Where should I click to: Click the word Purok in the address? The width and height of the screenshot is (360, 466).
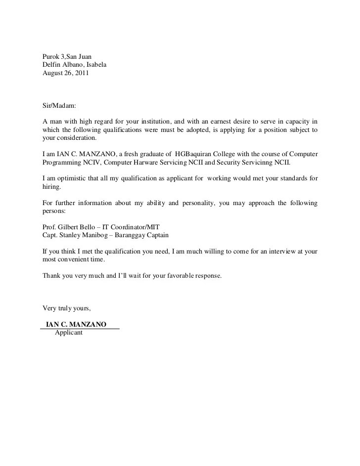click(51, 56)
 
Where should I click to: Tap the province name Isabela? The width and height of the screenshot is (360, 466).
click(95, 65)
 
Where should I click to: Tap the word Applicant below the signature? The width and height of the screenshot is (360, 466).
click(69, 333)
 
